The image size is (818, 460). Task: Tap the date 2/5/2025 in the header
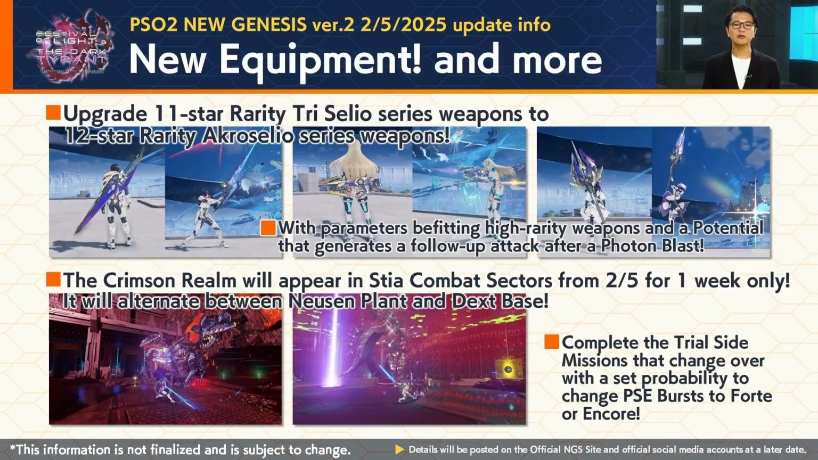coord(403,24)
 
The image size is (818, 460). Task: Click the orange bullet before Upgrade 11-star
coord(53,113)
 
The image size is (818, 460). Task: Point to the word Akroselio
coord(248,136)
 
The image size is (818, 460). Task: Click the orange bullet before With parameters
coord(268,228)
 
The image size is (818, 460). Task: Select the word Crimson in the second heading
coord(142,281)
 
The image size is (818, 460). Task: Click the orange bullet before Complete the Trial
coord(552,342)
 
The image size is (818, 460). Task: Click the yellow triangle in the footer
coord(399,449)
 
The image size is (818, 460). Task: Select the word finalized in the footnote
coord(174,449)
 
